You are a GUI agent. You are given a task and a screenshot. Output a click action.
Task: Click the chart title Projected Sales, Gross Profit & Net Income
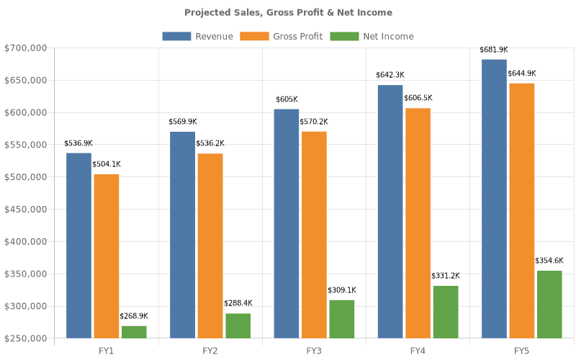click(x=288, y=12)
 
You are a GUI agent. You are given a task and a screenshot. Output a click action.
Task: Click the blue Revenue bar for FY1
click(x=79, y=245)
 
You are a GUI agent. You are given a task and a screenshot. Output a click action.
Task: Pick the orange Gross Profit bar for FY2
click(x=210, y=245)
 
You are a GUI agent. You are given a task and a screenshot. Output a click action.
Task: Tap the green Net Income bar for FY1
click(x=134, y=332)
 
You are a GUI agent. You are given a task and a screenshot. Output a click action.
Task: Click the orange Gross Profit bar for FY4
click(x=418, y=222)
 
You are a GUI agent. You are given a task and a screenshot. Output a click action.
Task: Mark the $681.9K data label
click(x=494, y=50)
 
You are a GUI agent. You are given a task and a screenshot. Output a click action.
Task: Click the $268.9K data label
click(x=134, y=316)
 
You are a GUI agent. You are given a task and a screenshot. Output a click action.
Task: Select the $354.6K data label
click(x=549, y=261)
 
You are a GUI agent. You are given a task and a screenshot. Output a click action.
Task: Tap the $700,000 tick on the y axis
click(x=25, y=48)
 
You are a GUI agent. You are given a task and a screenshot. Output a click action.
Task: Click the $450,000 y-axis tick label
click(x=25, y=210)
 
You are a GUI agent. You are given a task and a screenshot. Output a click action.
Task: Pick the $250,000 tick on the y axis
click(x=25, y=338)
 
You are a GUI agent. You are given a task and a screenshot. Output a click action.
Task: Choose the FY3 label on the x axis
click(x=314, y=351)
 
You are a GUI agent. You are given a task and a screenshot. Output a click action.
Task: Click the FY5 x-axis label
click(x=522, y=351)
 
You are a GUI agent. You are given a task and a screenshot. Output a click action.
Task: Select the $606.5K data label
click(x=418, y=98)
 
